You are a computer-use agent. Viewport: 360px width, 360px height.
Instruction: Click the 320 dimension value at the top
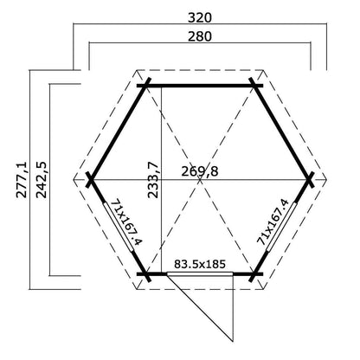200,18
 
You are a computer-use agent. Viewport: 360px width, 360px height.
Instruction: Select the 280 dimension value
200,36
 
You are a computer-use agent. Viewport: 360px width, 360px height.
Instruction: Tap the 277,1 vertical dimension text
22,179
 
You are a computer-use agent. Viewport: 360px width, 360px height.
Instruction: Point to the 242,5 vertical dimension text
41,179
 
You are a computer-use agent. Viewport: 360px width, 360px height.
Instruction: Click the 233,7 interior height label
153,179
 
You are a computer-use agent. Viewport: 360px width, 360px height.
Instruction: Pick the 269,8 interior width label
200,171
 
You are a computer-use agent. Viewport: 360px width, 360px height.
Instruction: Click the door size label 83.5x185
200,264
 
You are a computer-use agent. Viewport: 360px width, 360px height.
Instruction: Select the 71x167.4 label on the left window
127,222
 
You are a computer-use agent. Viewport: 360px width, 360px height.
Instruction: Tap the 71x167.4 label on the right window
273,222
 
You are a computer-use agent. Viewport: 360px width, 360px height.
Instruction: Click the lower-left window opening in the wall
119,227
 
